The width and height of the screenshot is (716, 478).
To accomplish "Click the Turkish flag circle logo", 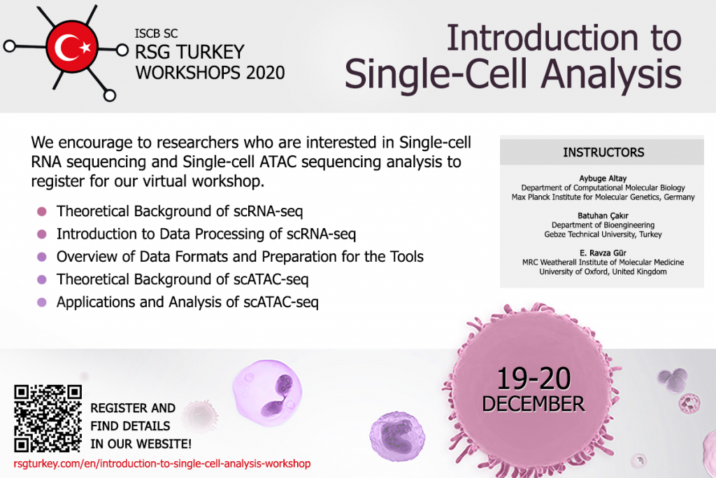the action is click(72, 47).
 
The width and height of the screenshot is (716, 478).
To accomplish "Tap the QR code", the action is click(48, 419).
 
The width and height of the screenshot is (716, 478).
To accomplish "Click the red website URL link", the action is click(162, 464).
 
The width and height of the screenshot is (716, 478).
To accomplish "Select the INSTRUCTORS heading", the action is click(603, 152).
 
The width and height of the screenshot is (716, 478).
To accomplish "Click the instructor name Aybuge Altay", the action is click(603, 178).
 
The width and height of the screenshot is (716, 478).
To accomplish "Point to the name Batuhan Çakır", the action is click(603, 216).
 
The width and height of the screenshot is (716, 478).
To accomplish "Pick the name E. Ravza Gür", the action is click(603, 253).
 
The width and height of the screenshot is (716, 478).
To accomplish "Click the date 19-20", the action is click(534, 379).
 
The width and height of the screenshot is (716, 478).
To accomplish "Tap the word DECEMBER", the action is click(534, 404).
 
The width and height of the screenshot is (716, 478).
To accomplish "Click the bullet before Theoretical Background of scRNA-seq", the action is click(41, 211).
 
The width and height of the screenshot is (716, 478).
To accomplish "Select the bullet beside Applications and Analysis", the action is click(41, 302).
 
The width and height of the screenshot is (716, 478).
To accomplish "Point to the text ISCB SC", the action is click(156, 34).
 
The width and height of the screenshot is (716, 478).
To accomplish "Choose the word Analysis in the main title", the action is click(611, 74).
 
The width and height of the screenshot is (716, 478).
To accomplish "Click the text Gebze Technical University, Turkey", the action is click(603, 234).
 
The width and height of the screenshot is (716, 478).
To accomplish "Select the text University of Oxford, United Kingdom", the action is click(603, 272).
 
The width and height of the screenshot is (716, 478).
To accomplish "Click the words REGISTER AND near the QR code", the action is click(133, 408).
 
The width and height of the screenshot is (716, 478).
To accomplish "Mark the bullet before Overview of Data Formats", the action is click(41, 257).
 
